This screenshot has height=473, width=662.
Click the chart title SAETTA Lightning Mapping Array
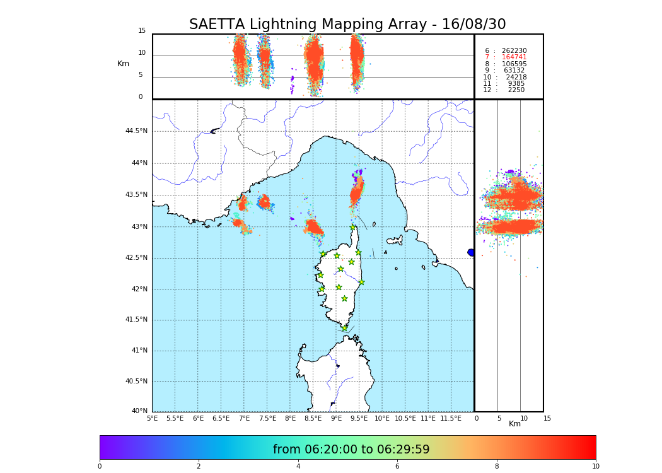347,25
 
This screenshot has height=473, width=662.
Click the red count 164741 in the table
514,57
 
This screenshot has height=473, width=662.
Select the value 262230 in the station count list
514,50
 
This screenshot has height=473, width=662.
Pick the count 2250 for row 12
516,90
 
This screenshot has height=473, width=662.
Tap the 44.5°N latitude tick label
136,131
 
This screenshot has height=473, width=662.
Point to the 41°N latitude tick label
138,351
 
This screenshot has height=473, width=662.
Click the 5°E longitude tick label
152,418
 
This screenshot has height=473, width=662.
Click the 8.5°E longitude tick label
313,418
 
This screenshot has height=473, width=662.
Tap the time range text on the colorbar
351,450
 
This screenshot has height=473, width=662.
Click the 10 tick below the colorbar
595,467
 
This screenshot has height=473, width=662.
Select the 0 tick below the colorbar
100,467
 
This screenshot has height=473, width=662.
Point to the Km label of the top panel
123,64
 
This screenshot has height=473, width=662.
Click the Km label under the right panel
514,424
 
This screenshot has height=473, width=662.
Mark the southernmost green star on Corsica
344,328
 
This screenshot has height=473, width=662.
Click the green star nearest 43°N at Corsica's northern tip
352,227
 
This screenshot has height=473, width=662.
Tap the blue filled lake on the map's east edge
471,252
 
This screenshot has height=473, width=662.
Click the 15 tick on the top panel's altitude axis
142,31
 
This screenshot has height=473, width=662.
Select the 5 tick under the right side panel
499,418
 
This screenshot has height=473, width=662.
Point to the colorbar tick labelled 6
397,467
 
